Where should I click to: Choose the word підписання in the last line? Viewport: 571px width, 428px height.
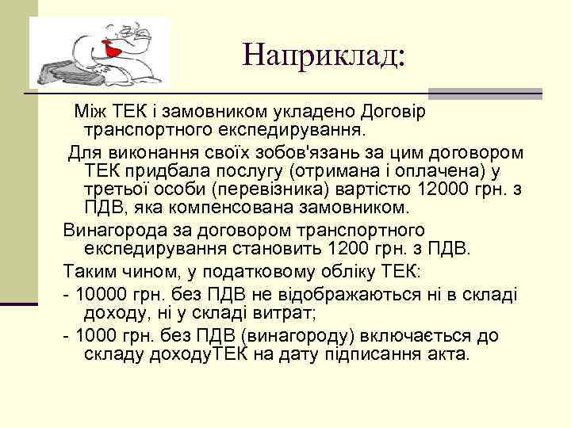pyautogui.click(x=370, y=354)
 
